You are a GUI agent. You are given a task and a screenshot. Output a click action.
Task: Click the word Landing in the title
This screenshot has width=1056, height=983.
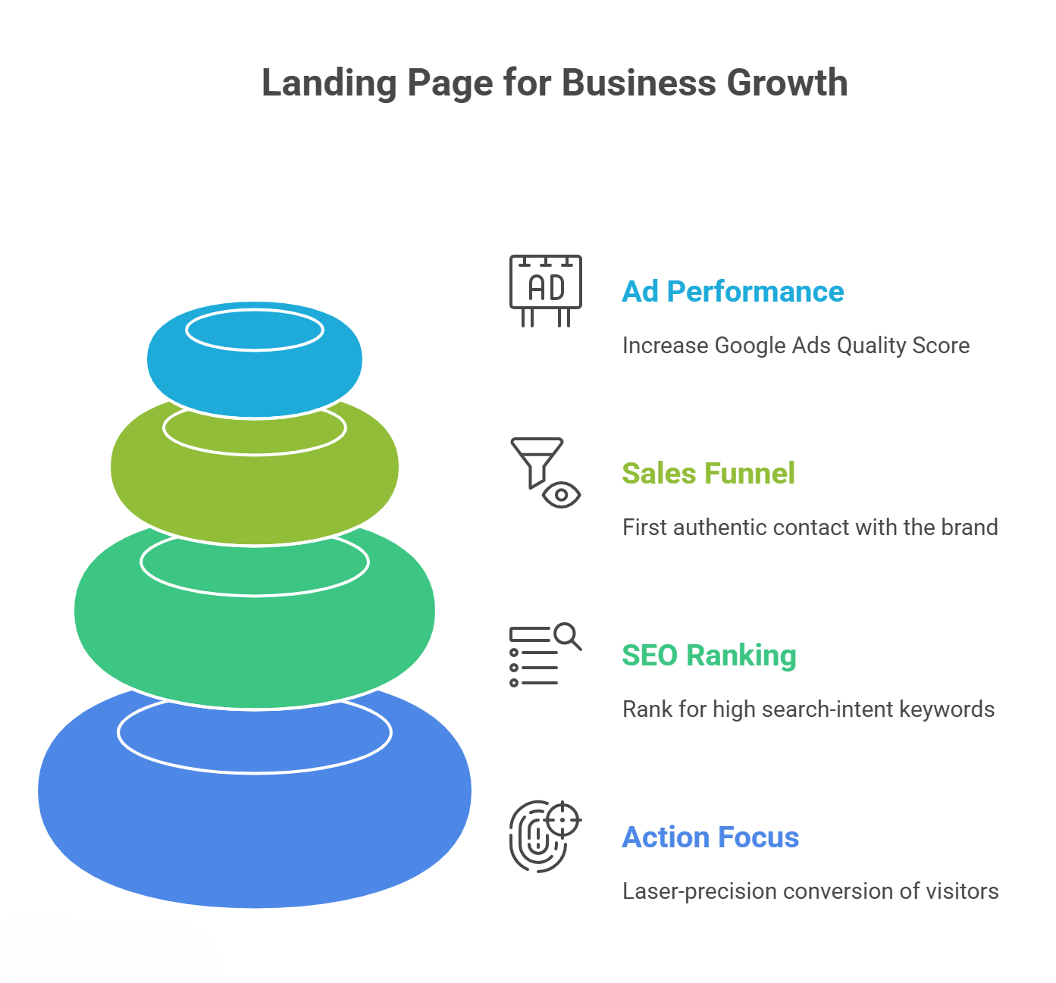coord(328,83)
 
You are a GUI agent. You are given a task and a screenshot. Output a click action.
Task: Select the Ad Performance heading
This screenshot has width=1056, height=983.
coord(732,292)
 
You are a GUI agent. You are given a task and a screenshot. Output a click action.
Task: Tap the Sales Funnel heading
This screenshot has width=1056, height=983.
coord(708,474)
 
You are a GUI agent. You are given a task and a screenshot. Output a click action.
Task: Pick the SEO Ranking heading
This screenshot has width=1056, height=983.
coord(709,656)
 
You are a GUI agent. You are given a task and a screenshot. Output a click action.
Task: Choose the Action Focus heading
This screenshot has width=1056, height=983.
coord(710,837)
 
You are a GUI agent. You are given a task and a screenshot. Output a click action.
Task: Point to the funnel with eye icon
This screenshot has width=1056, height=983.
coord(545,472)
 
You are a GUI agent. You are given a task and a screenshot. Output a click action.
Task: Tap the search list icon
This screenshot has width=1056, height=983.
coord(545,655)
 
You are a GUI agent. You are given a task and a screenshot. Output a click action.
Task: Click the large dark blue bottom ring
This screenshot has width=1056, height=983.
coord(255,834)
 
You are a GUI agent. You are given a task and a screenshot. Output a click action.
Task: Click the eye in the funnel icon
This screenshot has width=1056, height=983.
coord(562,495)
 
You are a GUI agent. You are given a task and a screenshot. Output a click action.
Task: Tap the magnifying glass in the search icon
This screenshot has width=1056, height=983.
coord(567,635)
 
